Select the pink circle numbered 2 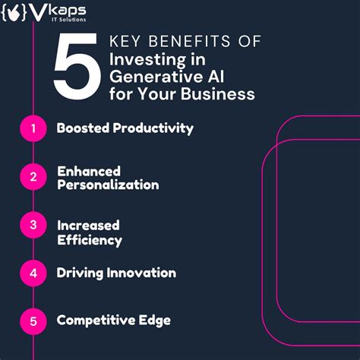33,178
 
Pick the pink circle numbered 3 33,226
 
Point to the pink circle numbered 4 33,273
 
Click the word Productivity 156,128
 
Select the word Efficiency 89,240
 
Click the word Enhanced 89,171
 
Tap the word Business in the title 224,95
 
